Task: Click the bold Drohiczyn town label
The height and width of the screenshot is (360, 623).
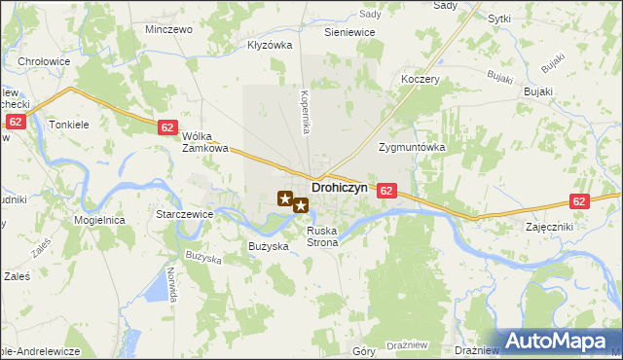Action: tap(340, 186)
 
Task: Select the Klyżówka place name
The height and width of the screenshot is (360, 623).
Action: tap(270, 45)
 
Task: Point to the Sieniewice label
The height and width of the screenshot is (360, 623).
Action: tap(349, 32)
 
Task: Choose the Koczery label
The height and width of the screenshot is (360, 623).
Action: tap(421, 80)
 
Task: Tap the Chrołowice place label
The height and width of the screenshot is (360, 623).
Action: tap(43, 61)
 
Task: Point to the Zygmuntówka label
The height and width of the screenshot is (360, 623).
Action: tap(411, 147)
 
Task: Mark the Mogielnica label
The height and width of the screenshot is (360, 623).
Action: tap(99, 220)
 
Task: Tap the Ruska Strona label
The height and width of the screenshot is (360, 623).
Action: tap(321, 236)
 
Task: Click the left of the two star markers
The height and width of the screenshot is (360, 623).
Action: tap(285, 199)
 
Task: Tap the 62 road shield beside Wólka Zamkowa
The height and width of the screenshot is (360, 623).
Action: tap(166, 127)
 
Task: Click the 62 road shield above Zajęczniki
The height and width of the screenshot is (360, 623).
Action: tap(580, 201)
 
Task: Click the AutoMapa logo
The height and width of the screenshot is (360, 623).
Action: tap(562, 341)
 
